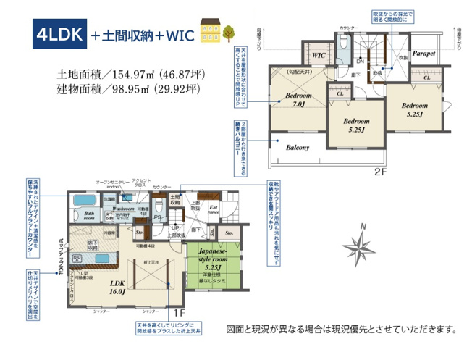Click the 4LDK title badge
point(59,35)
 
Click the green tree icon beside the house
point(230,33)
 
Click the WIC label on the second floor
point(318,55)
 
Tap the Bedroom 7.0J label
point(298,101)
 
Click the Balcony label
point(298,148)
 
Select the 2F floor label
point(382,172)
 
